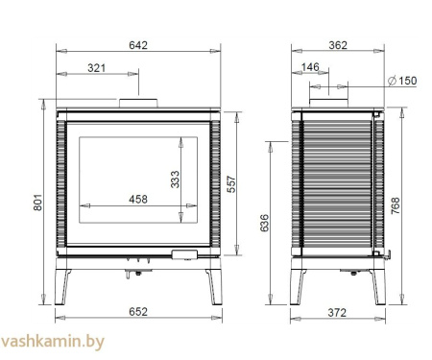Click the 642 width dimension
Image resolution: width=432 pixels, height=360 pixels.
click(x=138, y=45)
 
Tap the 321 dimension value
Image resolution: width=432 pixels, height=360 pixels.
click(x=96, y=68)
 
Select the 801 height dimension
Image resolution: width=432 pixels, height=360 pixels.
click(x=37, y=203)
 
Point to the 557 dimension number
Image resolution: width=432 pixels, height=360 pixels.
click(x=231, y=184)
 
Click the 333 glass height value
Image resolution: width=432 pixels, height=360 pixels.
click(x=175, y=180)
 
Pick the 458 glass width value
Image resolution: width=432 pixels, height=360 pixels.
click(x=138, y=200)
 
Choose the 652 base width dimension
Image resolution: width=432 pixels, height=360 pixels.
click(x=138, y=312)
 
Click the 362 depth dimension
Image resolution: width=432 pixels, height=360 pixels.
click(x=338, y=45)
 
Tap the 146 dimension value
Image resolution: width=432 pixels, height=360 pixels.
click(x=310, y=67)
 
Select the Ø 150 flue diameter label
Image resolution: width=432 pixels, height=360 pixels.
click(x=402, y=81)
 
